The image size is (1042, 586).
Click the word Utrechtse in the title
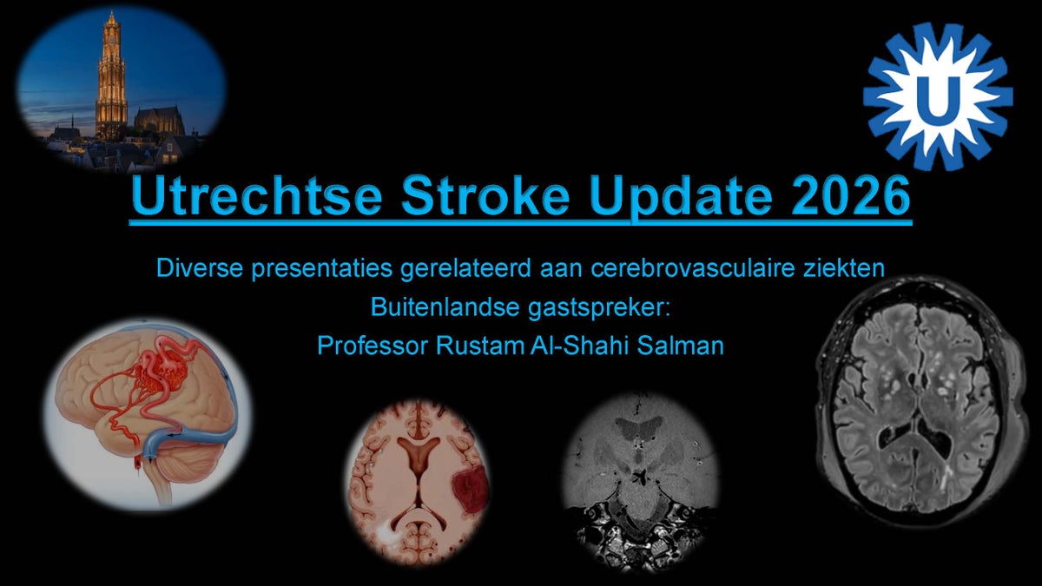coord(257,194)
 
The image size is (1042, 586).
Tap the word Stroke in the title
coord(485,194)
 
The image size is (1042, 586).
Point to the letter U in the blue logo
coord(938,98)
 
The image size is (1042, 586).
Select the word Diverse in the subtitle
coord(200,268)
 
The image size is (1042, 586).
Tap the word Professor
coord(373,346)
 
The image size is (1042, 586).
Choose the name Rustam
coord(480,346)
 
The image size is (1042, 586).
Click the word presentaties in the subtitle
coord(322,270)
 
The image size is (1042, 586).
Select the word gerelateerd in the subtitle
coord(465,270)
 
